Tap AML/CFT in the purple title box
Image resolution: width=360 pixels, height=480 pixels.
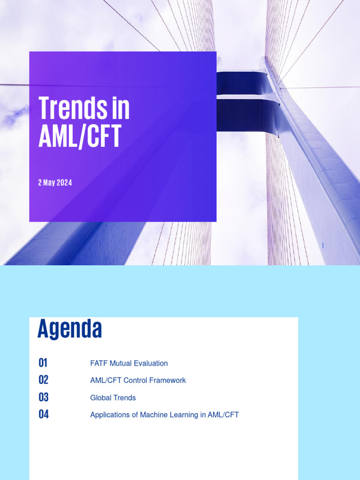click(x=80, y=136)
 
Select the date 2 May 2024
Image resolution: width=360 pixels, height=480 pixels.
click(x=55, y=183)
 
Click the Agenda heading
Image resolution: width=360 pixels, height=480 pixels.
click(x=69, y=329)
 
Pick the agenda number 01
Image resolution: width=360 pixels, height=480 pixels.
click(x=43, y=363)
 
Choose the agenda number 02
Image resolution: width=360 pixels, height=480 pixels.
click(x=44, y=380)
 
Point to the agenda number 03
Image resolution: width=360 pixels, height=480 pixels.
click(x=44, y=397)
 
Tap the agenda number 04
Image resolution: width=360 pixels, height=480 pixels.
click(x=44, y=414)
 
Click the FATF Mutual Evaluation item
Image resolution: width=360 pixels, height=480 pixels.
click(x=129, y=363)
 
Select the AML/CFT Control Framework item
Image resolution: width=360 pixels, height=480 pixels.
click(x=138, y=380)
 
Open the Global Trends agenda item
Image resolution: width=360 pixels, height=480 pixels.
click(x=113, y=397)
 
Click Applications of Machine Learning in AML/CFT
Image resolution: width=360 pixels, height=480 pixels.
click(x=165, y=415)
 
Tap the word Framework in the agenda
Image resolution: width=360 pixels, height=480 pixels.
click(x=168, y=380)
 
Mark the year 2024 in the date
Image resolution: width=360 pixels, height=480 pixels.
click(x=64, y=183)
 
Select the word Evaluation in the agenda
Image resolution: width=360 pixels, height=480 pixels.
click(x=151, y=363)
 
